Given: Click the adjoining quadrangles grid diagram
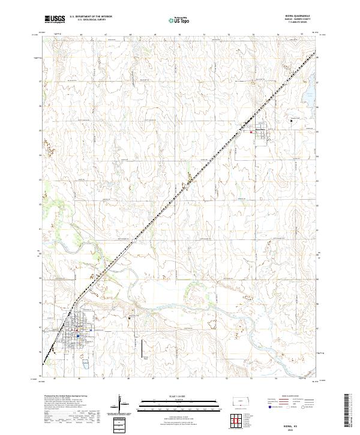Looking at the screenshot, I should click(x=243, y=419).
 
